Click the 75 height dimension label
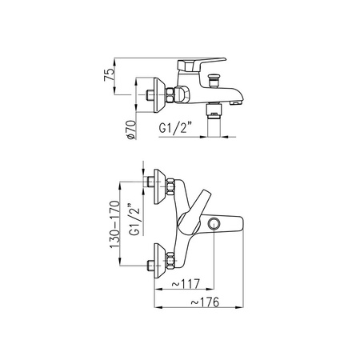(x=110, y=74)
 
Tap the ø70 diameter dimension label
(x=131, y=130)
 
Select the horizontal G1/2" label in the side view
(x=176, y=127)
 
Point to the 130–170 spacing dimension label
(x=115, y=225)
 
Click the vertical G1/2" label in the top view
(x=134, y=219)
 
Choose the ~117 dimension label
(x=186, y=284)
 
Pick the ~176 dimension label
(x=205, y=302)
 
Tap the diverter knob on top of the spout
(x=214, y=80)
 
